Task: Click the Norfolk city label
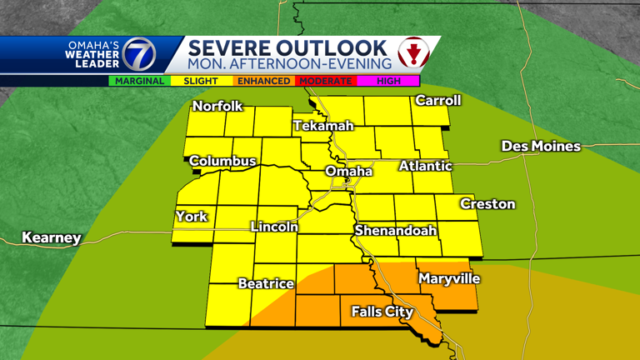(x=217, y=106)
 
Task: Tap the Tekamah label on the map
(x=323, y=126)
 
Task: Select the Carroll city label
(x=437, y=100)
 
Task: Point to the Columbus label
(x=222, y=161)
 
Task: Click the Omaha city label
(x=348, y=171)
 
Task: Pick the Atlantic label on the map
(x=425, y=167)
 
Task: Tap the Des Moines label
(x=541, y=147)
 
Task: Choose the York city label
(x=191, y=217)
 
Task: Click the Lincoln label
(x=274, y=227)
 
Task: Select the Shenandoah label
(x=396, y=230)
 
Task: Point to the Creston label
(x=487, y=204)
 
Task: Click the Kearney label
(x=52, y=238)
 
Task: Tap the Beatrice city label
(x=266, y=283)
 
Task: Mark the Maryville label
(x=449, y=278)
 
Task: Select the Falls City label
(x=382, y=312)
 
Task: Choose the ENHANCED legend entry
(x=262, y=81)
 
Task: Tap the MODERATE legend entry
(x=325, y=81)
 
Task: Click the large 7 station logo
(x=138, y=55)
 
